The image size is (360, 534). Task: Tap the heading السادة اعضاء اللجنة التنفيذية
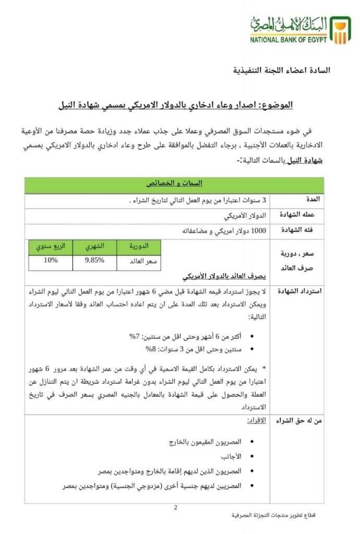click(x=281, y=70)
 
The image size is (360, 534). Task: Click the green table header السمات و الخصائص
click(x=174, y=184)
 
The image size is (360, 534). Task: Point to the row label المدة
click(x=315, y=200)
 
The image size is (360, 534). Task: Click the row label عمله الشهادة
click(x=303, y=215)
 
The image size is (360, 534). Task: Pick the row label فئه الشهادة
click(x=304, y=230)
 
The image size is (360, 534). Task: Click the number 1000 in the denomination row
click(x=258, y=230)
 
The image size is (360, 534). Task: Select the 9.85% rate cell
click(x=94, y=261)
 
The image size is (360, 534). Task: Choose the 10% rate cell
click(x=51, y=261)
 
